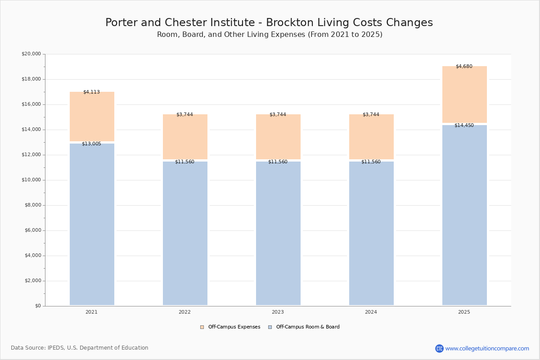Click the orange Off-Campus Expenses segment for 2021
pyautogui.click(x=92, y=117)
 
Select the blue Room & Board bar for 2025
pyautogui.click(x=464, y=215)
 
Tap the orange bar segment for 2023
pyautogui.click(x=278, y=137)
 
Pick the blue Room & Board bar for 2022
pyautogui.click(x=185, y=234)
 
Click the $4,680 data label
pyautogui.click(x=464, y=66)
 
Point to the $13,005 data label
pyautogui.click(x=92, y=144)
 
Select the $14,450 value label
pyautogui.click(x=464, y=125)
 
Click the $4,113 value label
pyautogui.click(x=92, y=92)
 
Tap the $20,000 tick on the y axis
pyautogui.click(x=31, y=54)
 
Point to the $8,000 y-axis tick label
pyautogui.click(x=33, y=205)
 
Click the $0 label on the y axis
pyautogui.click(x=38, y=306)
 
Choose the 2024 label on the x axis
pyautogui.click(x=371, y=312)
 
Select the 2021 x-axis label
pyautogui.click(x=92, y=312)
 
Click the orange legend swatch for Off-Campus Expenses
pyautogui.click(x=202, y=327)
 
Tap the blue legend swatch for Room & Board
pyautogui.click(x=270, y=327)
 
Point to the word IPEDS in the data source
pyautogui.click(x=56, y=348)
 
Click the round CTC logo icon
pyautogui.click(x=440, y=348)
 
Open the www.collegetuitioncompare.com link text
pyautogui.click(x=487, y=348)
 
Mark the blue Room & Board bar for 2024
pyautogui.click(x=372, y=234)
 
